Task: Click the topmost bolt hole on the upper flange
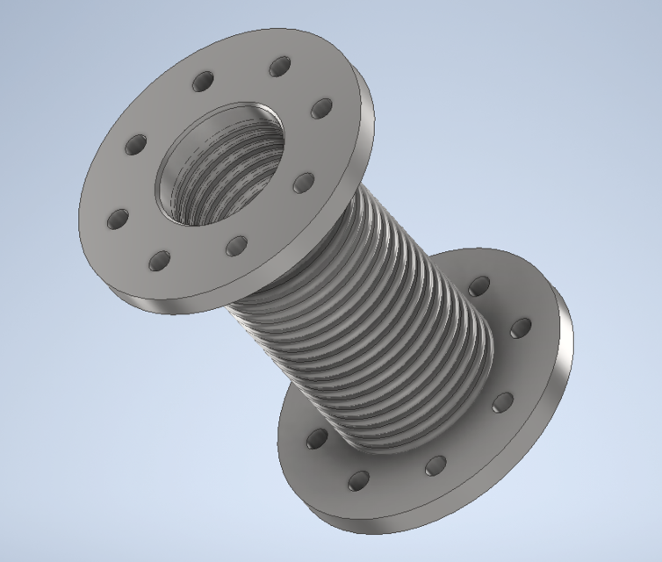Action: [x=279, y=66]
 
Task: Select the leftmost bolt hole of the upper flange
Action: [x=116, y=219]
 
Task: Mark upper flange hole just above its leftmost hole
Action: [x=135, y=145]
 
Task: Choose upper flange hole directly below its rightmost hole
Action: [x=303, y=183]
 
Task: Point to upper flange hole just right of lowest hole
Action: [x=235, y=246]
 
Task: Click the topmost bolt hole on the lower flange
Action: [x=479, y=285]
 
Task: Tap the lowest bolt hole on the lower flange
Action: [x=358, y=480]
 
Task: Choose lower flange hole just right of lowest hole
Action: [x=436, y=465]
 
